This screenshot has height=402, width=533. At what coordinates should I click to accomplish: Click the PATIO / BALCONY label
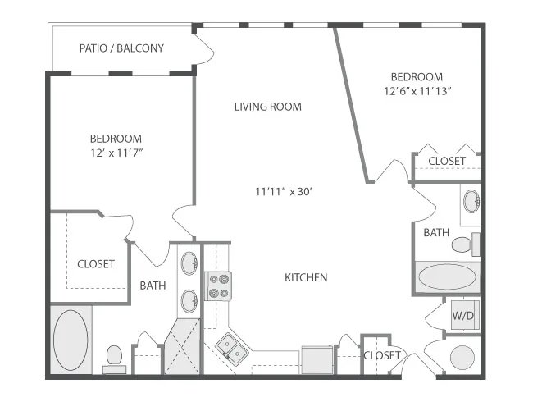[121, 48]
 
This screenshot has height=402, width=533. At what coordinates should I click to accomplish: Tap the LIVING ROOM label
[268, 107]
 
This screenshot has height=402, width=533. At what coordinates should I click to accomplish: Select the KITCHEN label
[306, 277]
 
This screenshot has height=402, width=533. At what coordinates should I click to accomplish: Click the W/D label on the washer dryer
[462, 316]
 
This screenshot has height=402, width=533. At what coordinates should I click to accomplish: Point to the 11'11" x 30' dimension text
[284, 192]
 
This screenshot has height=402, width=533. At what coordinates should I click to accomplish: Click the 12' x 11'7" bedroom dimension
[116, 153]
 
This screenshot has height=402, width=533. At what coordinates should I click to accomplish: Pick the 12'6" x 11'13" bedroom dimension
[417, 91]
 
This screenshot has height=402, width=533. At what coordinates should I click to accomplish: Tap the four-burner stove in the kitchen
[218, 286]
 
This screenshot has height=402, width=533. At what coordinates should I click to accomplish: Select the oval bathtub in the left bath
[71, 340]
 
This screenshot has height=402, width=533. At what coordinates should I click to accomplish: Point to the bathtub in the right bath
[447, 276]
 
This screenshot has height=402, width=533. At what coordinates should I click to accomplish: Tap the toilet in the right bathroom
[466, 244]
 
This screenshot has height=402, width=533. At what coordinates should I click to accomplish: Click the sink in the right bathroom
[471, 201]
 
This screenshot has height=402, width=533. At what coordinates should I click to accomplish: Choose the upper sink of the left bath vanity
[189, 263]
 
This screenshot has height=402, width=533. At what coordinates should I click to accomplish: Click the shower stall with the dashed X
[182, 346]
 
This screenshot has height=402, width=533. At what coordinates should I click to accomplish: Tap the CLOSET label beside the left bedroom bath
[96, 264]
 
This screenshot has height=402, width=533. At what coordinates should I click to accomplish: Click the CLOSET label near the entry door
[382, 356]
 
